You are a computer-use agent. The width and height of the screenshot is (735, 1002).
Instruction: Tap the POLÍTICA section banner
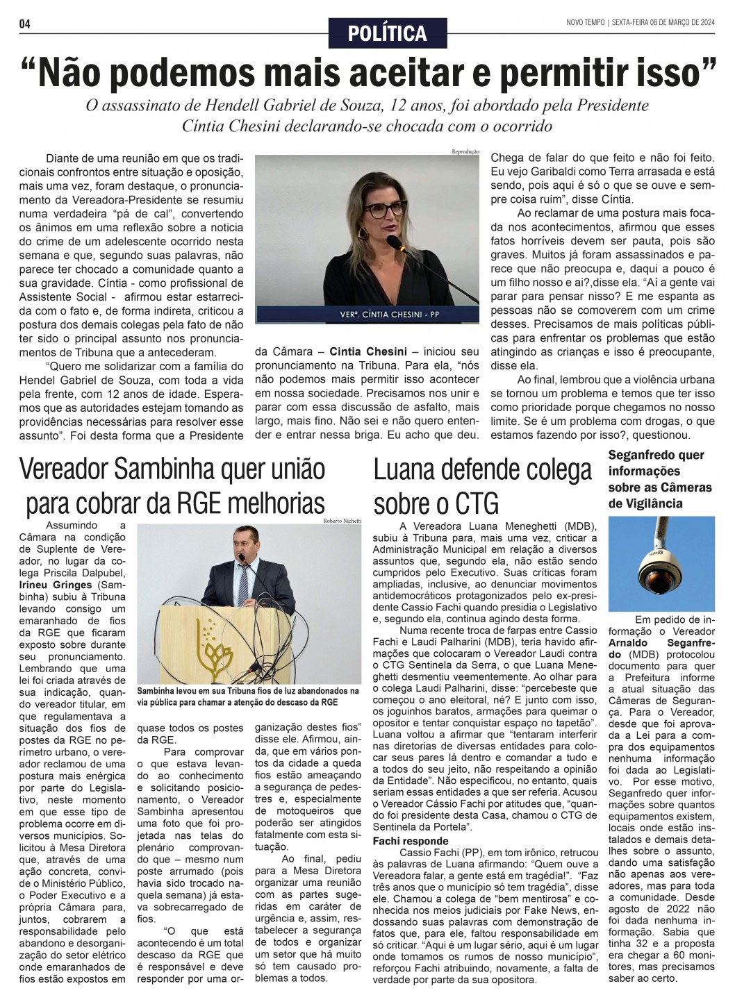pos(388,33)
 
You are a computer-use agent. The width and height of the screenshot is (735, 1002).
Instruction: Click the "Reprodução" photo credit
pos(465,151)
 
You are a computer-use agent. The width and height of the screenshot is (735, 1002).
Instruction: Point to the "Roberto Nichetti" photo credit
pos(342,520)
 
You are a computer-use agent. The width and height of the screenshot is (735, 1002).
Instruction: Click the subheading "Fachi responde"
pos(411,841)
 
